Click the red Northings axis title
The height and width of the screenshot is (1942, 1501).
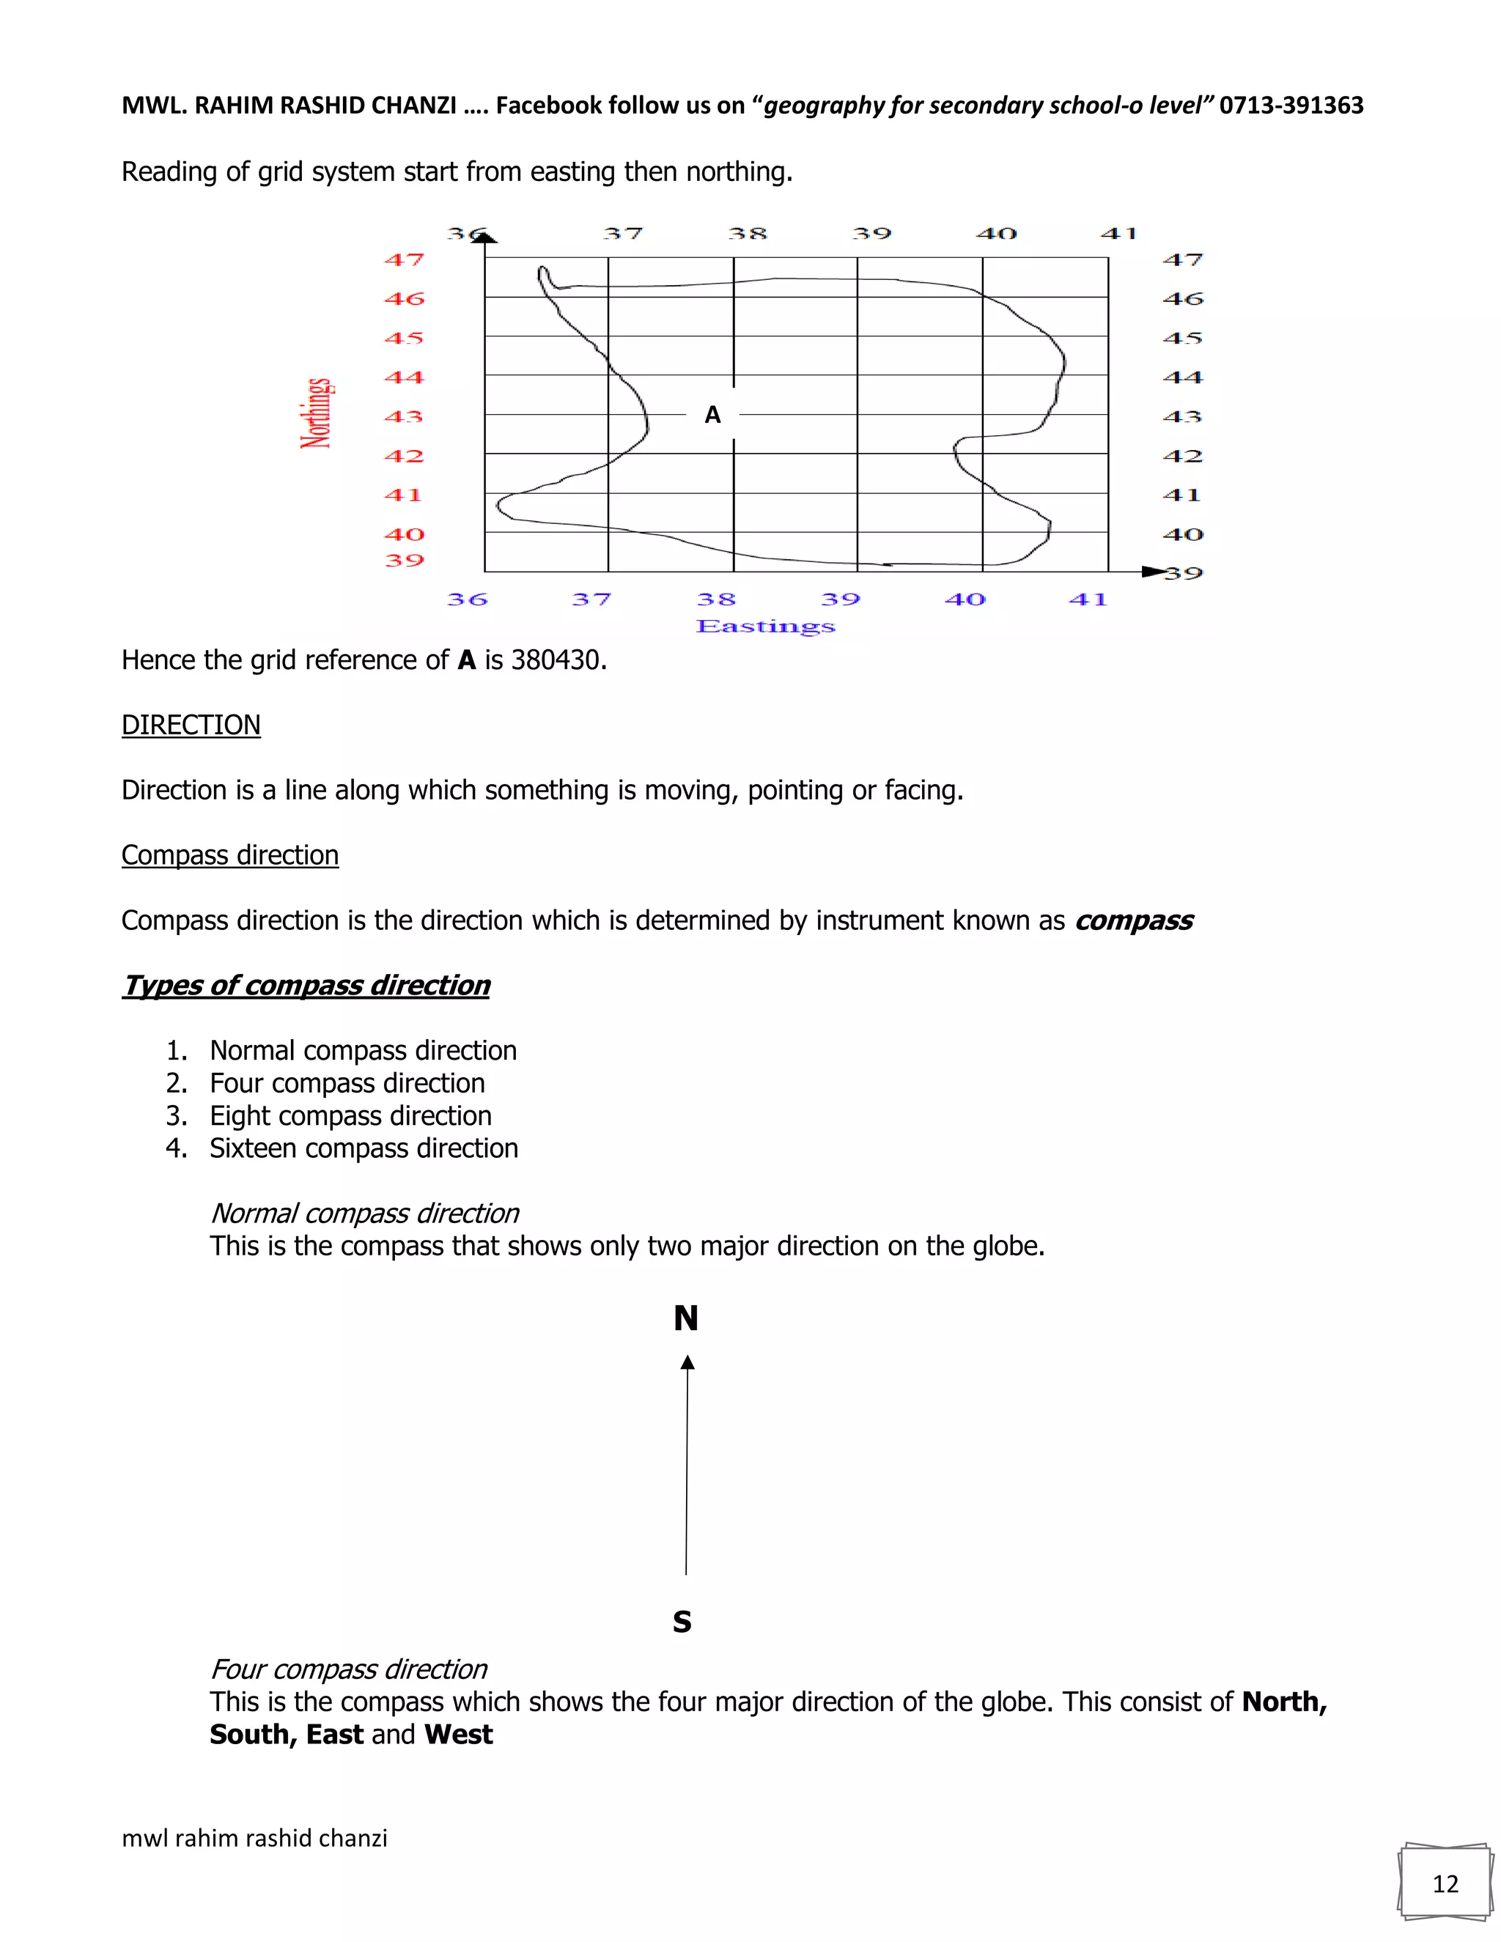(317, 413)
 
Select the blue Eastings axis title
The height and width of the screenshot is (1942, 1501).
(766, 627)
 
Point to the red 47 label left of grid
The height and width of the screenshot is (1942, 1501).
(404, 259)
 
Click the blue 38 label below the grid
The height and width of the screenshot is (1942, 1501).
(716, 599)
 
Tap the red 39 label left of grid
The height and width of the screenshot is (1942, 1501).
(404, 560)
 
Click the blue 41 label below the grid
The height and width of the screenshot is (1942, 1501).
(1088, 599)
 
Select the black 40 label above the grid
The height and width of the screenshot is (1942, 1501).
(996, 234)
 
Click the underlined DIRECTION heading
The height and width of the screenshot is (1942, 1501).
(191, 725)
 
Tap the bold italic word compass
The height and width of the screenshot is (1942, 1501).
(1134, 920)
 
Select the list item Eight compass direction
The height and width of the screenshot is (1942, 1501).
(350, 1116)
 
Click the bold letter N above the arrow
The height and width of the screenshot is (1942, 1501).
(685, 1318)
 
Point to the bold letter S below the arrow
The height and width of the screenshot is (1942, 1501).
(682, 1622)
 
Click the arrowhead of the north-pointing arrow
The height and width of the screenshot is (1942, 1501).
(687, 1363)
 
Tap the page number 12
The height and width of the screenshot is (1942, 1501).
(1445, 1884)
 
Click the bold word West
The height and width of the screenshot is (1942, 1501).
(459, 1735)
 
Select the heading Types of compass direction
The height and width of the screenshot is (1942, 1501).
(306, 985)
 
